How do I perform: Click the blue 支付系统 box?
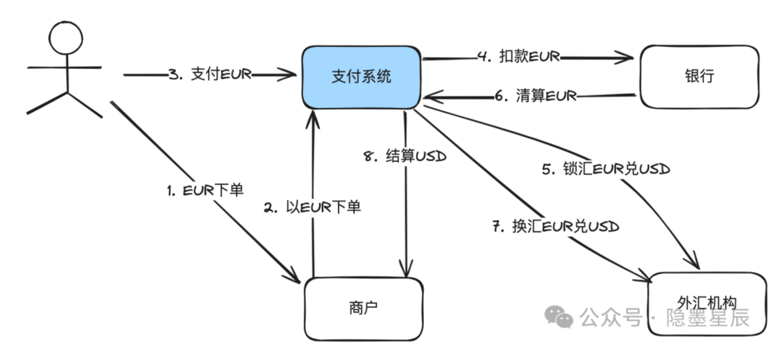pos(361,77)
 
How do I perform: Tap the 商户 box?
pos(363,309)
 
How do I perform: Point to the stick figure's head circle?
pos(66,38)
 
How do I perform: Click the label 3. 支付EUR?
pos(210,74)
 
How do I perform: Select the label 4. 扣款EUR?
pos(519,57)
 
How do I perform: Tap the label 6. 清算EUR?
pos(536,96)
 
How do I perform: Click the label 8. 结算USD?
pos(405,156)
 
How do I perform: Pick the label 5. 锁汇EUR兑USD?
pos(606,169)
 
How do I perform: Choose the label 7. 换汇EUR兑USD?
pos(556,226)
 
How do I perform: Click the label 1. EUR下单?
pos(205,190)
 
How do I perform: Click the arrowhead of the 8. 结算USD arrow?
pos(406,270)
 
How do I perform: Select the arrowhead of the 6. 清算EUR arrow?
pos(430,97)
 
